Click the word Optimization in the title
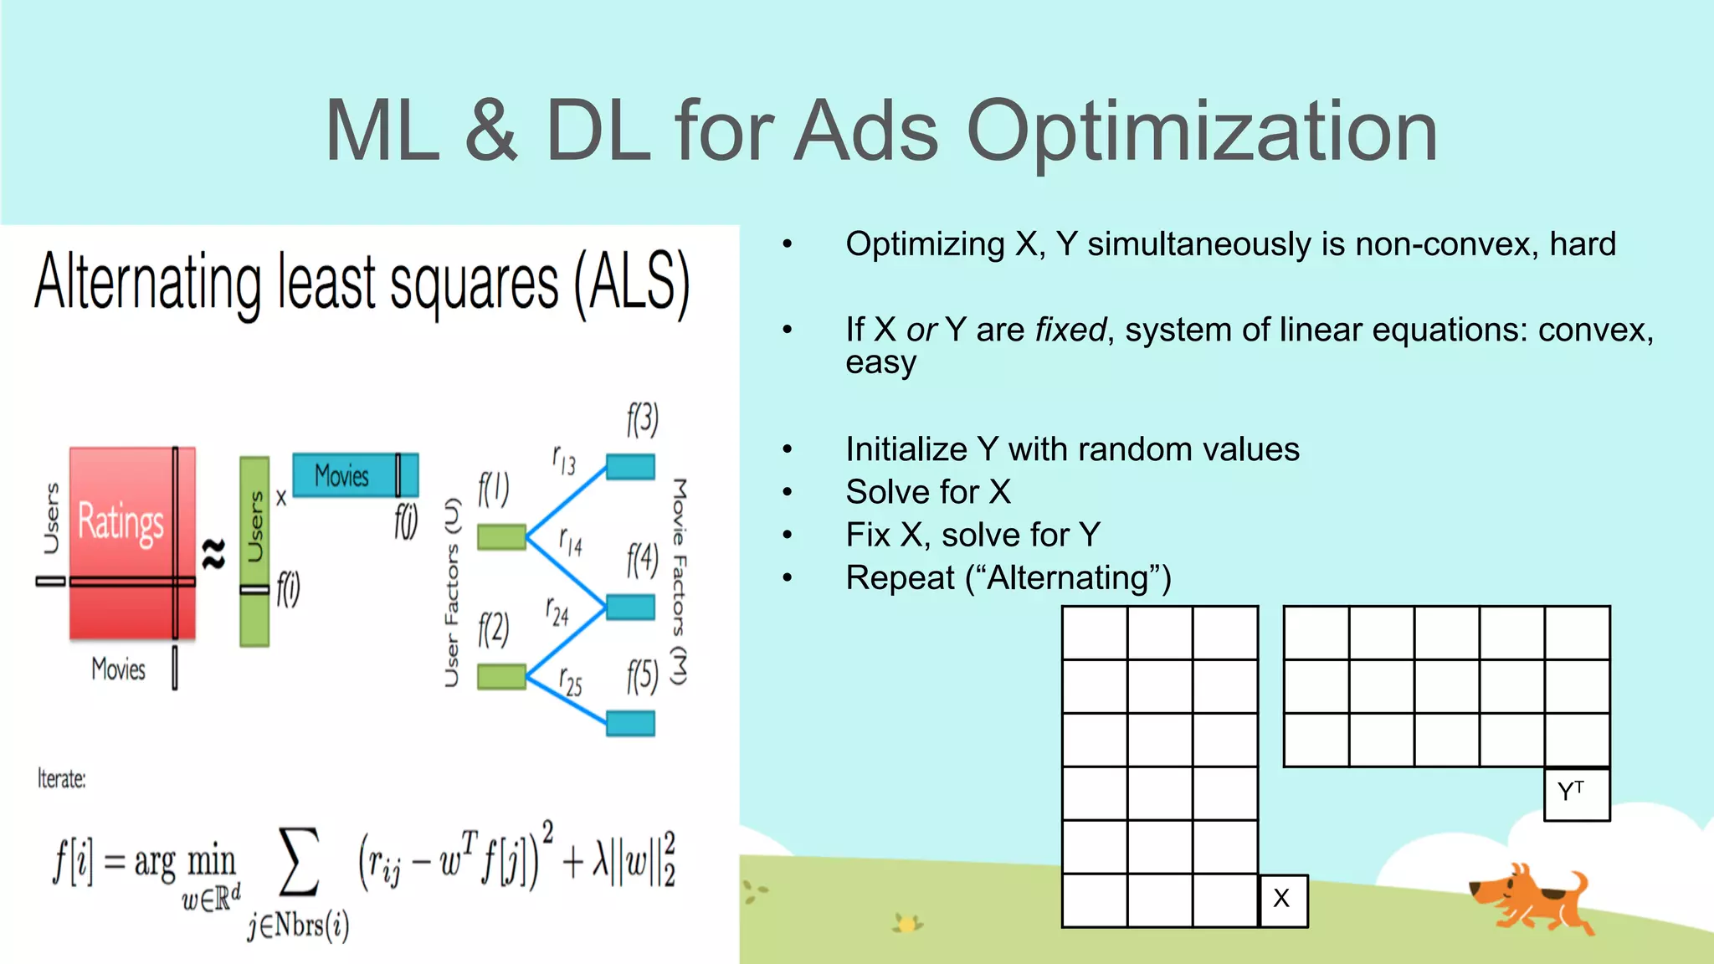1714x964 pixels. [1202, 131]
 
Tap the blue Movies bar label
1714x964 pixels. [341, 475]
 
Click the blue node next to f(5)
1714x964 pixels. [630, 723]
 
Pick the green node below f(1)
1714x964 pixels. [501, 536]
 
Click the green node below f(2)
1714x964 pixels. [501, 676]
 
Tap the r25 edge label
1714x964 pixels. [571, 681]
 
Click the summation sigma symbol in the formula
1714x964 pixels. [299, 862]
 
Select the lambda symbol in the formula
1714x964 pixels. [600, 862]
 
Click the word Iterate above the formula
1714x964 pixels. [61, 779]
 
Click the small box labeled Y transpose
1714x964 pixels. [1576, 793]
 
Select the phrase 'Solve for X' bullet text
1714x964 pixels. [928, 492]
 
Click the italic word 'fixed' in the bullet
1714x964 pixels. [1070, 330]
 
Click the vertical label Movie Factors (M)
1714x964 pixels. [679, 582]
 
